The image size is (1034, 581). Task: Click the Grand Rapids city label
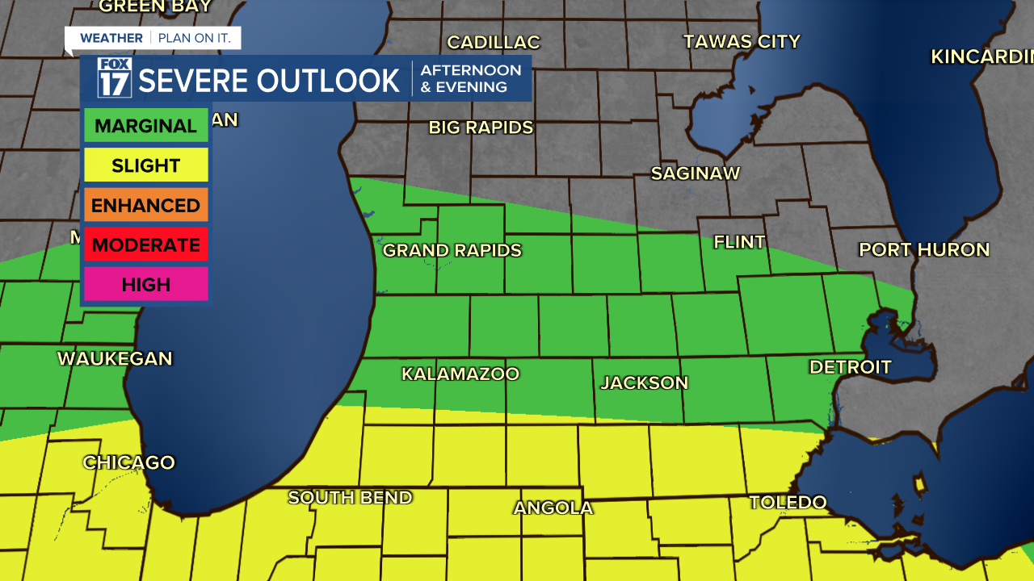click(452, 250)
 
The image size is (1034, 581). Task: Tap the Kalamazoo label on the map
click(460, 374)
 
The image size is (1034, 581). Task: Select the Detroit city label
click(850, 367)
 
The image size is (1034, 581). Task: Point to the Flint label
click(739, 242)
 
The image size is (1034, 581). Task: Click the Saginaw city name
click(695, 173)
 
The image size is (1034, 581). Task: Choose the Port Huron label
click(923, 249)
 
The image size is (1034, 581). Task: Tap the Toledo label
click(788, 503)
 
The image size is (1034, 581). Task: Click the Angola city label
click(553, 508)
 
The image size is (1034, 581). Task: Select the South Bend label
click(350, 497)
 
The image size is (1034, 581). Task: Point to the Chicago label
click(128, 462)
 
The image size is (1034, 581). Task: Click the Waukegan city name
click(115, 358)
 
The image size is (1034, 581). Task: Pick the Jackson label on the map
click(644, 382)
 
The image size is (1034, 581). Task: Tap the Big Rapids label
click(481, 127)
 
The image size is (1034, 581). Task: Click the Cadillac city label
click(493, 42)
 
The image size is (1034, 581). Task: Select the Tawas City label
click(742, 41)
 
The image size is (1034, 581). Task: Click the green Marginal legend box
click(145, 126)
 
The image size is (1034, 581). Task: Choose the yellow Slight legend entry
click(145, 165)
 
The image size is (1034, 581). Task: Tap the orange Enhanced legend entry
click(145, 205)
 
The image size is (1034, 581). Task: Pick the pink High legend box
click(145, 284)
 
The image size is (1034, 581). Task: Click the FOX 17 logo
click(114, 78)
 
